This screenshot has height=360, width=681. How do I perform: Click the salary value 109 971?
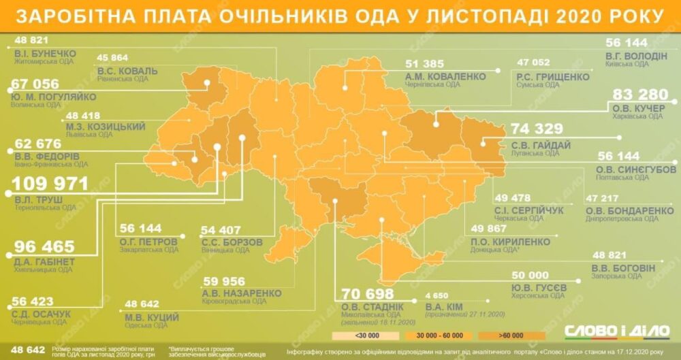(52, 184)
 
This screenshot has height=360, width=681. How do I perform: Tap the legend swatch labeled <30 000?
(355, 336)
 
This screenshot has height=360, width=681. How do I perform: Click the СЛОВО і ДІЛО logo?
(617, 331)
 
